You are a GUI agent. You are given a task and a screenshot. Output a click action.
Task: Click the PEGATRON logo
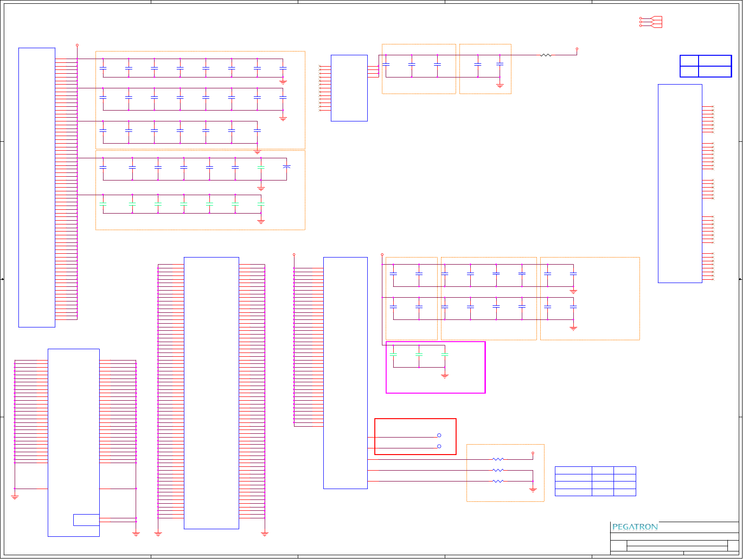(x=635, y=527)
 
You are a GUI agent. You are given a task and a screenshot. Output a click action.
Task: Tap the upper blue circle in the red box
(x=439, y=435)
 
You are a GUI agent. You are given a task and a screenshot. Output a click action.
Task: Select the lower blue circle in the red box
(x=439, y=446)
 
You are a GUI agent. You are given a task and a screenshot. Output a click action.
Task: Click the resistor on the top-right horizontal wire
(x=546, y=55)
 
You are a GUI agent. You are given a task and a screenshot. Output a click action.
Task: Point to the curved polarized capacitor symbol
(x=286, y=167)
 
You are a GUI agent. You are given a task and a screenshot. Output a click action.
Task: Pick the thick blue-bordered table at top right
(x=706, y=66)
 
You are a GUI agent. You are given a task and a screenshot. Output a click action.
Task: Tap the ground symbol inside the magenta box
(x=445, y=376)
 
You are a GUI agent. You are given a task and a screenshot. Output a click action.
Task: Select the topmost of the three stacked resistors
(x=498, y=459)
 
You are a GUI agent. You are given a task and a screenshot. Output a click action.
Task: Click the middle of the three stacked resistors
(x=498, y=470)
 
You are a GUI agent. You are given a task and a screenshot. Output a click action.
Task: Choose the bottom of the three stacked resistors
(x=498, y=481)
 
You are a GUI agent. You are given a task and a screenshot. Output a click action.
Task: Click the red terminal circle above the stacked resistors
(x=533, y=453)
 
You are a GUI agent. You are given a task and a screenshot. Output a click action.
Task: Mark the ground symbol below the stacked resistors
(x=533, y=490)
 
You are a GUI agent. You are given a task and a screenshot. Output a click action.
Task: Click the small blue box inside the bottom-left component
(x=86, y=520)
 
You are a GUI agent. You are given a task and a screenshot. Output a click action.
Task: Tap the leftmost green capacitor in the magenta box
(x=393, y=354)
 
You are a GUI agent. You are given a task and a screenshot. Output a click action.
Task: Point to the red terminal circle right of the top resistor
(x=577, y=49)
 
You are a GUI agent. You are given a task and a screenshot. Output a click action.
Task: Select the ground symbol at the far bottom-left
(x=15, y=497)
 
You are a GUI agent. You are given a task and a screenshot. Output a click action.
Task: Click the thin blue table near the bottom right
(x=595, y=481)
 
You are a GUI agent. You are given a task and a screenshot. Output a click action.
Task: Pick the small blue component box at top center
(x=349, y=88)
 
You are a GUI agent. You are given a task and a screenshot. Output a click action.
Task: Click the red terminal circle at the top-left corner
(x=77, y=45)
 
